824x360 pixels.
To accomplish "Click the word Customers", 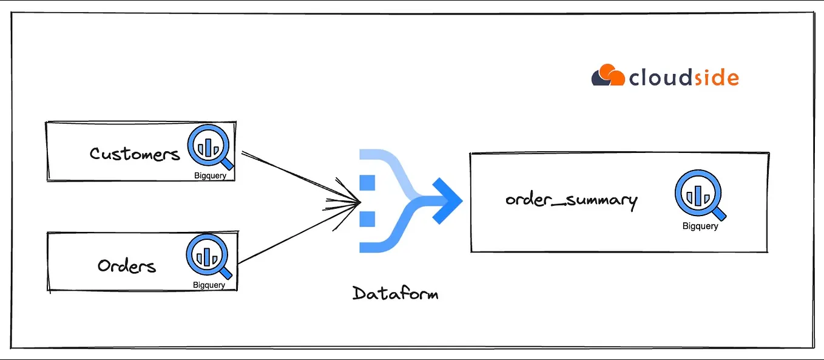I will point(135,154).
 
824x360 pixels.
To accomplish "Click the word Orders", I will point(127,266).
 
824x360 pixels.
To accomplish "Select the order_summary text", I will point(571,200).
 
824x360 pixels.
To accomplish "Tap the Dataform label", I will point(395,294).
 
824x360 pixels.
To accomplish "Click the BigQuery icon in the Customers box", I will point(209,148).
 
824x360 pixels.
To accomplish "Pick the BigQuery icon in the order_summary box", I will point(698,195).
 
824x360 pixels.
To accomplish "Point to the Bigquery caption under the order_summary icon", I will point(700,226).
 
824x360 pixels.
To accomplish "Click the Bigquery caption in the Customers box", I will point(209,176).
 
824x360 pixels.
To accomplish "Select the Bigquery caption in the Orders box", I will point(209,285).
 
